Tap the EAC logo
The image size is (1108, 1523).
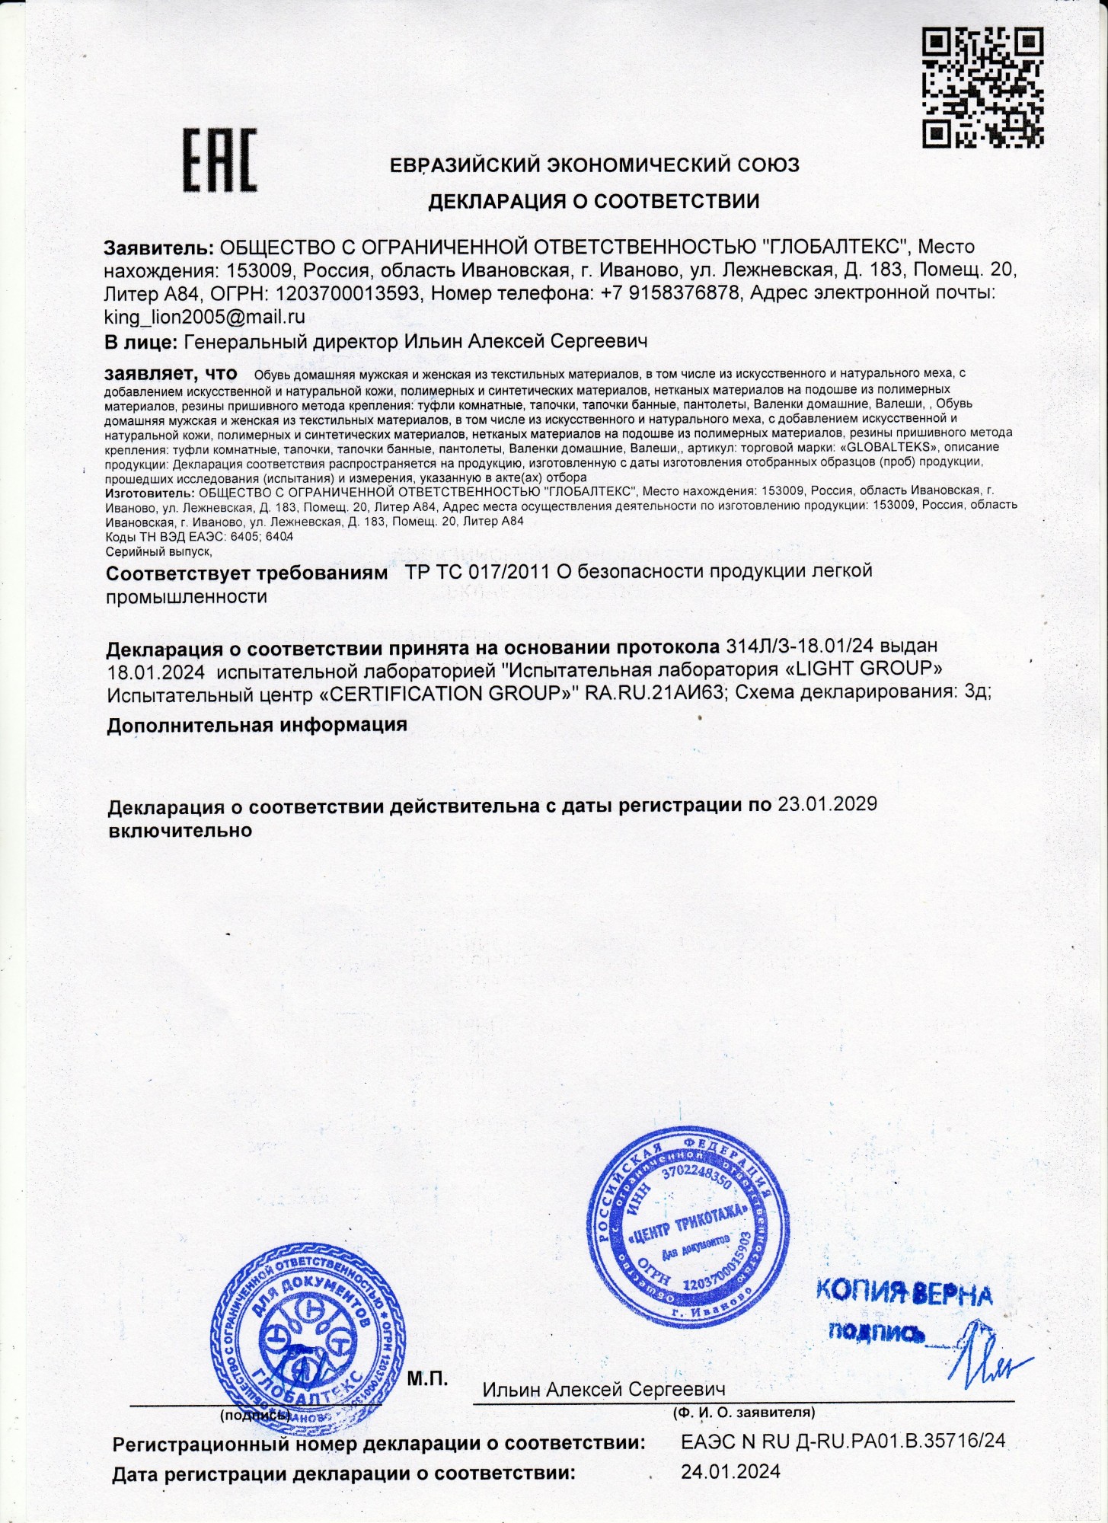[x=219, y=161]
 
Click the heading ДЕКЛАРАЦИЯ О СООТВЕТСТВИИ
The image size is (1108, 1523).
[x=593, y=201]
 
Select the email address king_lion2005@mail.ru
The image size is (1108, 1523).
[x=205, y=317]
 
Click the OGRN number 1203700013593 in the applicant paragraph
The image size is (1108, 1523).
[x=346, y=293]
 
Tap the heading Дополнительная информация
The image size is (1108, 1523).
[x=257, y=724]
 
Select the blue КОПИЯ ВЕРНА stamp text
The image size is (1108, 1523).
[x=904, y=1292]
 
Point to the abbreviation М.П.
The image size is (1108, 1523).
[x=427, y=1378]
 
